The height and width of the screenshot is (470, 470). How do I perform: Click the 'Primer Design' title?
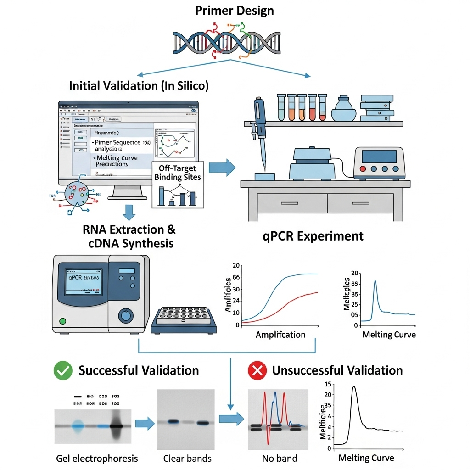(x=235, y=10)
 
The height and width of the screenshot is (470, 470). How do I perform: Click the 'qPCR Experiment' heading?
(x=313, y=236)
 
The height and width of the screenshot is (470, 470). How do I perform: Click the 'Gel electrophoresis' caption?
(x=97, y=458)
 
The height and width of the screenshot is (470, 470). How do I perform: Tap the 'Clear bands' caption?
(x=187, y=458)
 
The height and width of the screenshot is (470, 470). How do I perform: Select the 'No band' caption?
(x=280, y=458)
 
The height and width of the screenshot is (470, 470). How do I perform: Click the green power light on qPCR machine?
(x=63, y=321)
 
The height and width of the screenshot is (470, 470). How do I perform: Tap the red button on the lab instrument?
(x=363, y=169)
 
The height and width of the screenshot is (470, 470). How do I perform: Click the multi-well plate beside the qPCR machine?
(x=184, y=317)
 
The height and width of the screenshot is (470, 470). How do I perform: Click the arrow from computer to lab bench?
(x=222, y=168)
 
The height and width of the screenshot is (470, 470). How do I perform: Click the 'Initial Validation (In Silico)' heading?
(x=139, y=85)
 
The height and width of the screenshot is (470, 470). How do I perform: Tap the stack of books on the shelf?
(x=377, y=108)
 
